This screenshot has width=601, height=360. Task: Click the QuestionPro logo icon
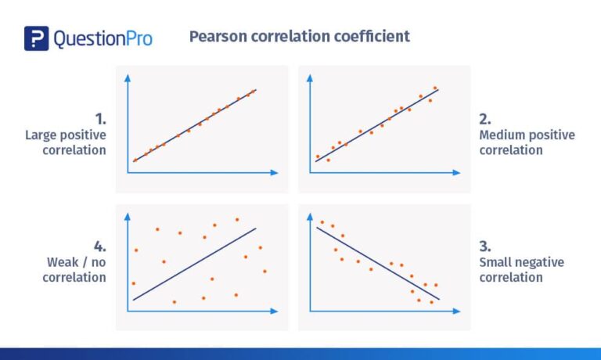point(36,38)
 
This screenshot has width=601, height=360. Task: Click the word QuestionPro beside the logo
point(102,38)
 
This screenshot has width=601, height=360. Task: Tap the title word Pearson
point(220,37)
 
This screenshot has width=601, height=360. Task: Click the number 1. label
point(99,119)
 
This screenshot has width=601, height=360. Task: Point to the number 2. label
point(485,119)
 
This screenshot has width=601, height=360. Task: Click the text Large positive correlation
point(66,142)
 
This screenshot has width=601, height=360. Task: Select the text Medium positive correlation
point(527,142)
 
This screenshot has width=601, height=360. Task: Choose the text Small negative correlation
point(521,270)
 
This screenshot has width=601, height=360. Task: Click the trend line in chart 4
point(195,264)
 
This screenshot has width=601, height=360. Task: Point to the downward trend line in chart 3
point(378,263)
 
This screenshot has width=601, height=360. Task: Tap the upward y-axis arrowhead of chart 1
point(127,74)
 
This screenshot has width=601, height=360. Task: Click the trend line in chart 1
point(194,125)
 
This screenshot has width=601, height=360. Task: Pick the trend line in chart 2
point(376,125)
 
